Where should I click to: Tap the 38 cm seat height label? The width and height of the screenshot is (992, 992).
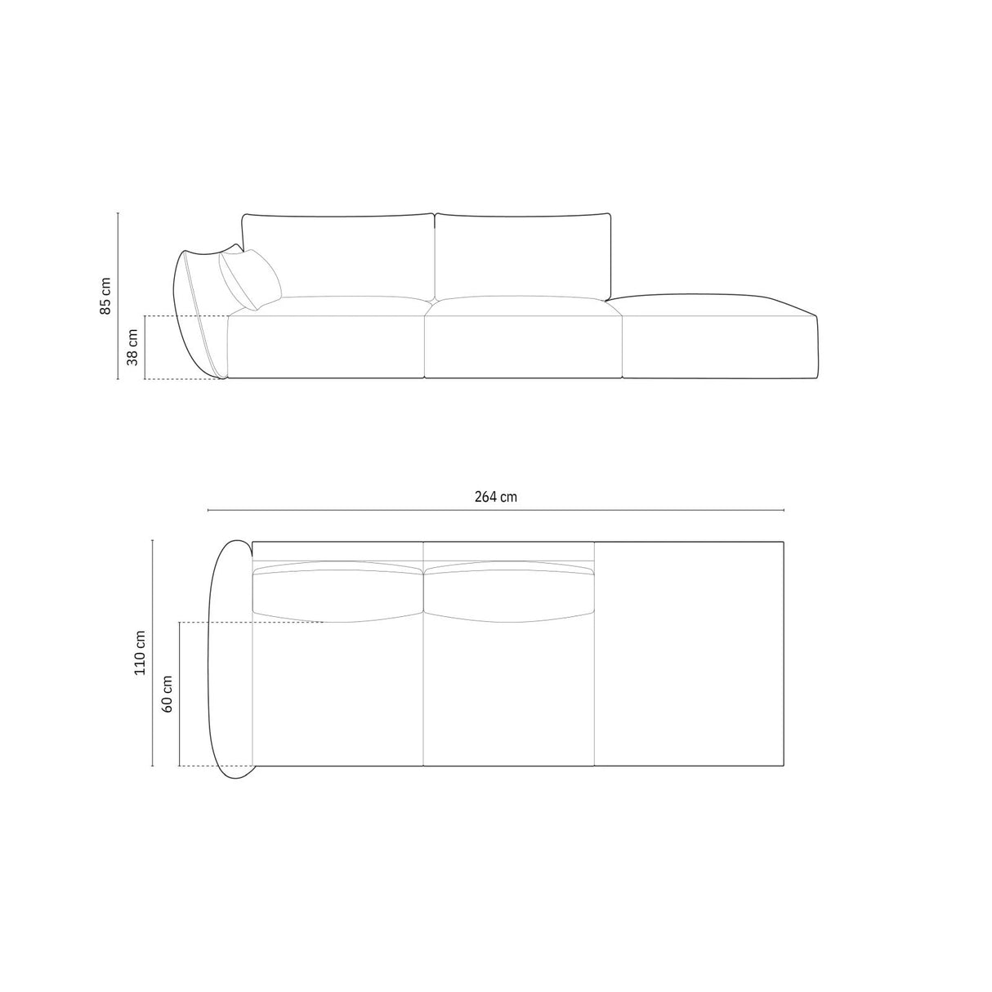click(x=132, y=347)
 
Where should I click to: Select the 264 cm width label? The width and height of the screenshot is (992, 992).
click(x=495, y=496)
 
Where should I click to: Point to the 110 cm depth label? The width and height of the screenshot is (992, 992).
click(x=140, y=652)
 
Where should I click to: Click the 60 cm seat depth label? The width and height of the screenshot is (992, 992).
click(x=167, y=695)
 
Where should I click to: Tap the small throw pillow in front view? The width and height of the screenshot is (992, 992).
click(x=249, y=279)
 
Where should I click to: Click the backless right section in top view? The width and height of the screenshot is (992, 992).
click(x=688, y=654)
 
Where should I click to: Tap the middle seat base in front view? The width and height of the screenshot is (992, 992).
click(x=523, y=347)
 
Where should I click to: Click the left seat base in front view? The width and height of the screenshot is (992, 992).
click(x=325, y=347)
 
